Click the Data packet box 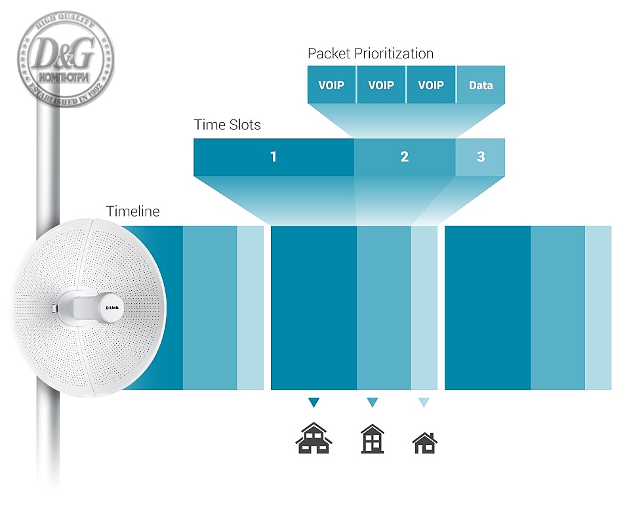(x=481, y=85)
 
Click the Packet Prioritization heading (x=371, y=53)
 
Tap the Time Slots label (x=227, y=125)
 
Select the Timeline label (x=132, y=211)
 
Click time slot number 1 (x=274, y=157)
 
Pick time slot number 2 (x=404, y=157)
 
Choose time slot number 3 (x=481, y=157)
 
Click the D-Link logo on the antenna (x=112, y=308)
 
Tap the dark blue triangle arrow (x=314, y=402)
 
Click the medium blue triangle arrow (x=373, y=402)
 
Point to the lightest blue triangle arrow (x=424, y=402)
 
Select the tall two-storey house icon (x=373, y=439)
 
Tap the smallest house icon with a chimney (x=425, y=443)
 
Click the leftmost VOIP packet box (x=331, y=85)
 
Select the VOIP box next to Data (x=431, y=85)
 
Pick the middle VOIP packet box (x=381, y=85)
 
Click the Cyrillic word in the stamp (x=64, y=77)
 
